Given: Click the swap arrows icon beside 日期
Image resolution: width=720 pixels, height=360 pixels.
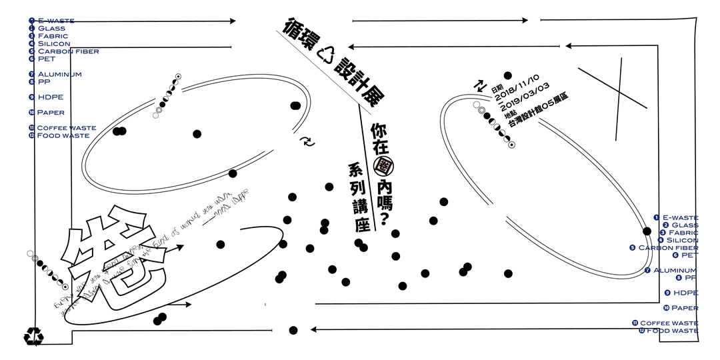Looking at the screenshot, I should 479,85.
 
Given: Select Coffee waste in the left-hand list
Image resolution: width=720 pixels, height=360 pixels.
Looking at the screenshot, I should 66,128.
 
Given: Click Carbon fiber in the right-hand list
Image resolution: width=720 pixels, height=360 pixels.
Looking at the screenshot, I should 668,247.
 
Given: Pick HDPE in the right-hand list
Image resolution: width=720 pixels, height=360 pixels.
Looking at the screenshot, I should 685,293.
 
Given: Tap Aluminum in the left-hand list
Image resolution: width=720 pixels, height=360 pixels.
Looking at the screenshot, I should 59,74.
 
